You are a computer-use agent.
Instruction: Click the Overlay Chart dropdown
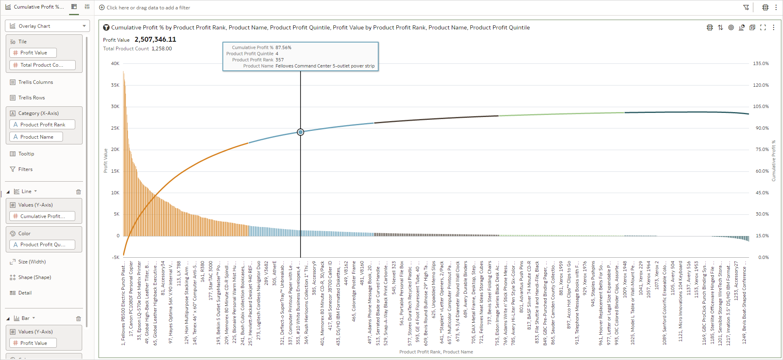pyautogui.click(x=47, y=26)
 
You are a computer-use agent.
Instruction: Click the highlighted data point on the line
pyautogui.click(x=301, y=132)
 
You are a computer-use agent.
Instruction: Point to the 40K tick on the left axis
pyautogui.click(x=115, y=63)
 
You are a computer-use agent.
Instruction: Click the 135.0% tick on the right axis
pyautogui.click(x=761, y=63)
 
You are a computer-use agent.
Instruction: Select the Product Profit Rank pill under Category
pyautogui.click(x=42, y=125)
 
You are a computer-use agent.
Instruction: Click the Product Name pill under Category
pyautogui.click(x=36, y=137)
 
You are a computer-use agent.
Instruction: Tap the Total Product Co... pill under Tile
pyautogui.click(x=42, y=65)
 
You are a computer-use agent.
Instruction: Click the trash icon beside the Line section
pyautogui.click(x=79, y=192)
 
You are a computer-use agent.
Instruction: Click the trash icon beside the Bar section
pyautogui.click(x=79, y=319)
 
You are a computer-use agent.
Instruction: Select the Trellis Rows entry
pyautogui.click(x=31, y=98)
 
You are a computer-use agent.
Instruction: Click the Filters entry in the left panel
pyautogui.click(x=25, y=169)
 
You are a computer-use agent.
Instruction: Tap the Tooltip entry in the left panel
pyautogui.click(x=26, y=154)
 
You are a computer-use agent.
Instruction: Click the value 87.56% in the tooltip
pyautogui.click(x=283, y=47)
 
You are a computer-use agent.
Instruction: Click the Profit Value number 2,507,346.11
pyautogui.click(x=155, y=40)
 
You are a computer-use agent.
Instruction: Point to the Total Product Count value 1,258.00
pyautogui.click(x=162, y=49)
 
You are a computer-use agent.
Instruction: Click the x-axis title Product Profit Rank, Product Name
pyautogui.click(x=436, y=352)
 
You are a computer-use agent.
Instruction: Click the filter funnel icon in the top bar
pyautogui.click(x=746, y=7)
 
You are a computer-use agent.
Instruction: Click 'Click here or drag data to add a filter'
pyautogui.click(x=148, y=8)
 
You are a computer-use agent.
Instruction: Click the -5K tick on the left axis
pyautogui.click(x=116, y=257)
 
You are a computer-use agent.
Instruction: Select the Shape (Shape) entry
pyautogui.click(x=34, y=277)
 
